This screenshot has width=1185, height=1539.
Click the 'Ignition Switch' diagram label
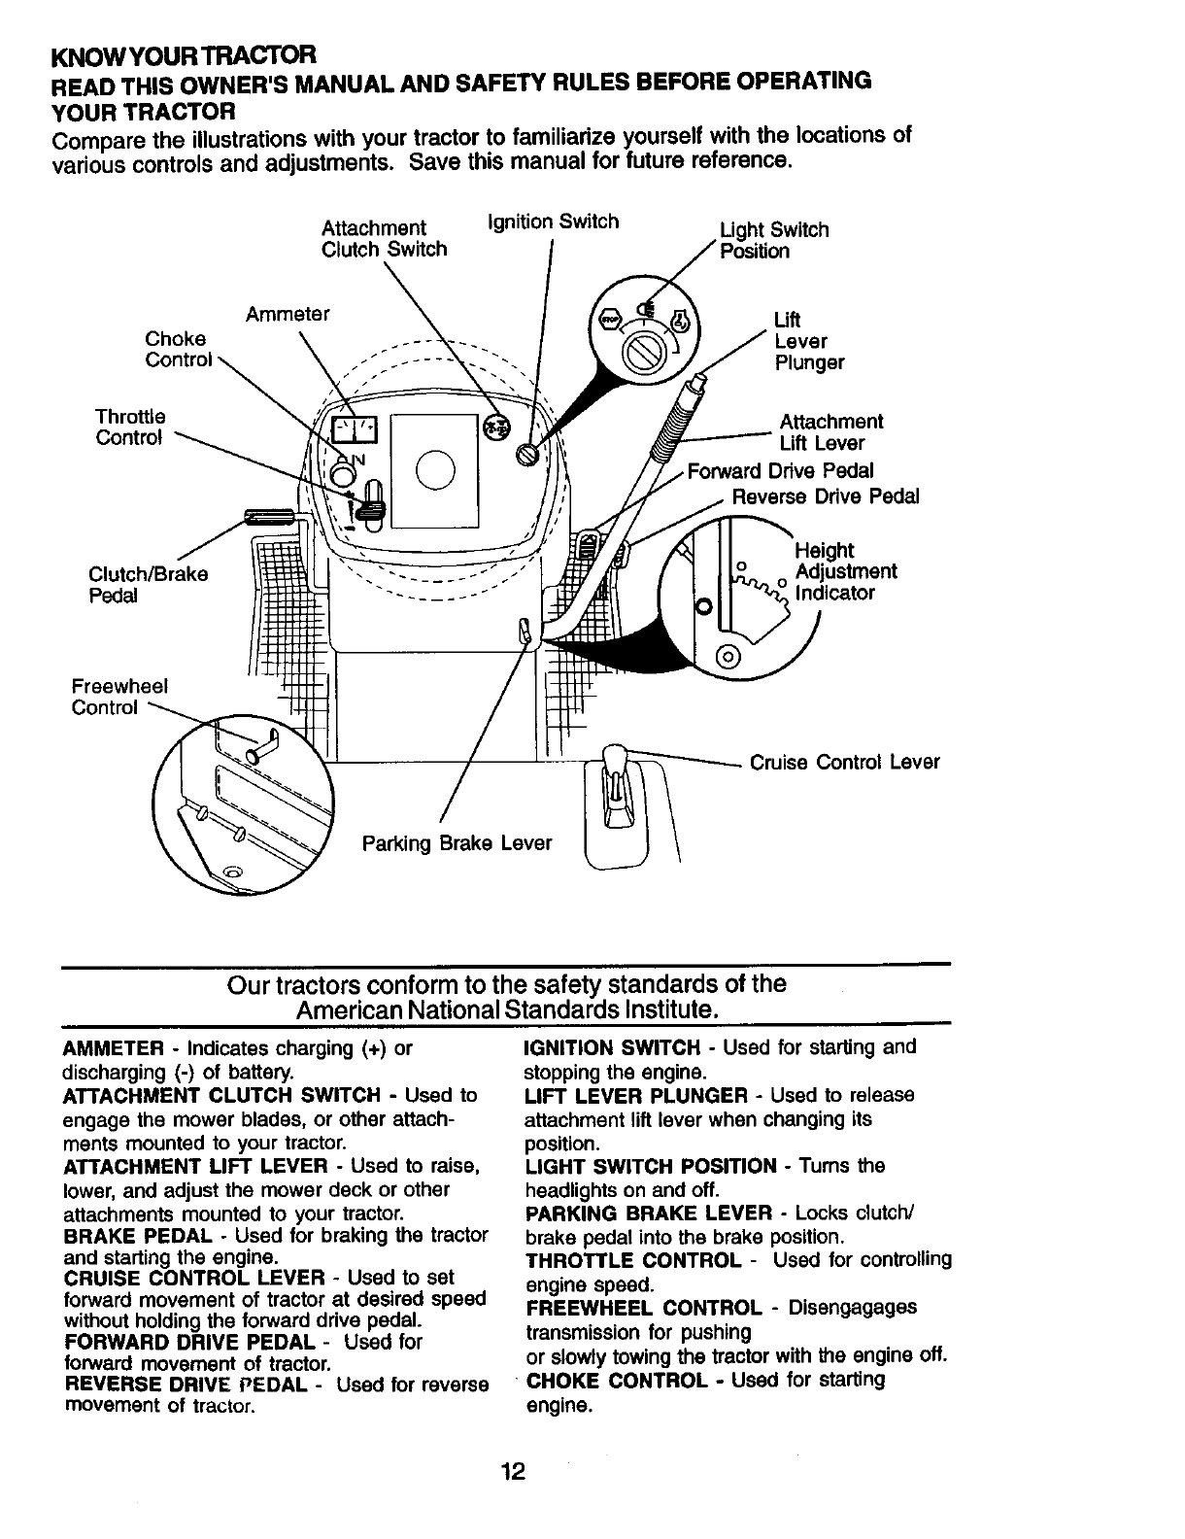pos(553,222)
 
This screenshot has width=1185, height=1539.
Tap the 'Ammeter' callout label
pos(288,315)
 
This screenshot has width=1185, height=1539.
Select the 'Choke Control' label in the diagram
pos(177,350)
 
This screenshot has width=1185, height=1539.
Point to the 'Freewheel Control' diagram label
pos(118,697)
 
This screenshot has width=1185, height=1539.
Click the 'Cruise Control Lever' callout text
pos(844,762)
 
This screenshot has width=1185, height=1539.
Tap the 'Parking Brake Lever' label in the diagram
pos(457,842)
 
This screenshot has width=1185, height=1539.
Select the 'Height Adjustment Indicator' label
pos(844,572)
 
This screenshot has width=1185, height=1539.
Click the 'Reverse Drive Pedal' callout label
pos(825,497)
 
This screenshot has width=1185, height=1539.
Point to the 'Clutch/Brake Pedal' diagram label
pos(148,584)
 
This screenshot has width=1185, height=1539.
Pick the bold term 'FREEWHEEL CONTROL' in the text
pos(644,1308)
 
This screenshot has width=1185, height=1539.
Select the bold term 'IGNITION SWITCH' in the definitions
pos(612,1047)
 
